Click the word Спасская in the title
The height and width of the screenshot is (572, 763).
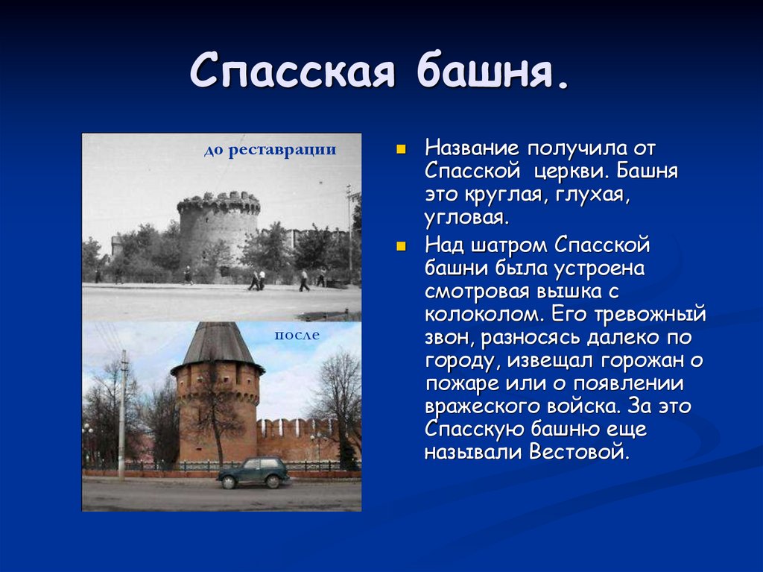292,70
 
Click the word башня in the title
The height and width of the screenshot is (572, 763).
492,70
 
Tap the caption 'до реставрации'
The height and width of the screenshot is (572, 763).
270,150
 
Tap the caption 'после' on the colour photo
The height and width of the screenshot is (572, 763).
297,335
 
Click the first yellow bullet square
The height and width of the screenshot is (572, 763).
401,149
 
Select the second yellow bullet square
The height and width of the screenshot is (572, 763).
401,247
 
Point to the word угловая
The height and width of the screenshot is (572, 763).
467,218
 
